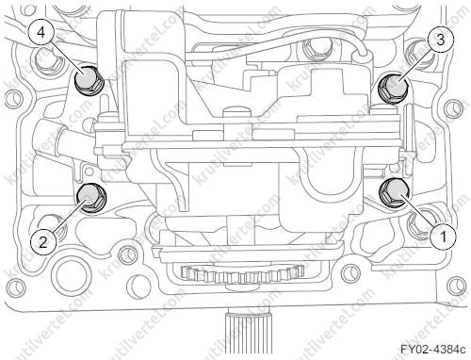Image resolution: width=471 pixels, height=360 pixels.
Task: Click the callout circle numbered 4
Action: point(41,33)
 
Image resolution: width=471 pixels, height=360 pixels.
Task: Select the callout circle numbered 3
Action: point(440,41)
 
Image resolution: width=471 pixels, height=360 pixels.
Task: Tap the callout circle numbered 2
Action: point(43,241)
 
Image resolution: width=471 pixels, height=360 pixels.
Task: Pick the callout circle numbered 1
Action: point(443,237)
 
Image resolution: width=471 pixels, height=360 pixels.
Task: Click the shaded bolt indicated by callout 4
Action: point(89,80)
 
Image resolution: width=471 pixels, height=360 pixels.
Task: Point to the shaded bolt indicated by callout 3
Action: point(393,88)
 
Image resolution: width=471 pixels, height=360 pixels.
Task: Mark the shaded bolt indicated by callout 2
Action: point(91,197)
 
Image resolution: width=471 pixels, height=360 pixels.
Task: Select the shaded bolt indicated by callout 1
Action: point(394,192)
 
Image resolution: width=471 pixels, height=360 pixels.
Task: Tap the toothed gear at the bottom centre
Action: point(242,273)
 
